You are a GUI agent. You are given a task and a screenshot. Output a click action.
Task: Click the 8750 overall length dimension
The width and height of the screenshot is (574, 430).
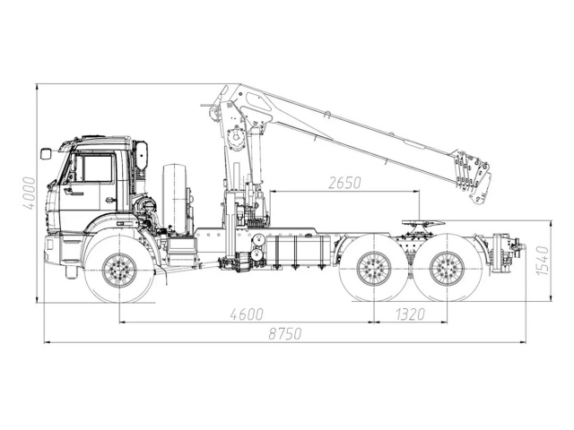284,333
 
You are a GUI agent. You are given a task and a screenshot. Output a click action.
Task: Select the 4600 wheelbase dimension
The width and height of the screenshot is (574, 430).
247,314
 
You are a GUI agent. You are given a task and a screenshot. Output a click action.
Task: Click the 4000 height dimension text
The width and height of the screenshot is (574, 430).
30,193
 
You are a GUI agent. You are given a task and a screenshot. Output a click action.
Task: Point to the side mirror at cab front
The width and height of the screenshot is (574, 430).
46,154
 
